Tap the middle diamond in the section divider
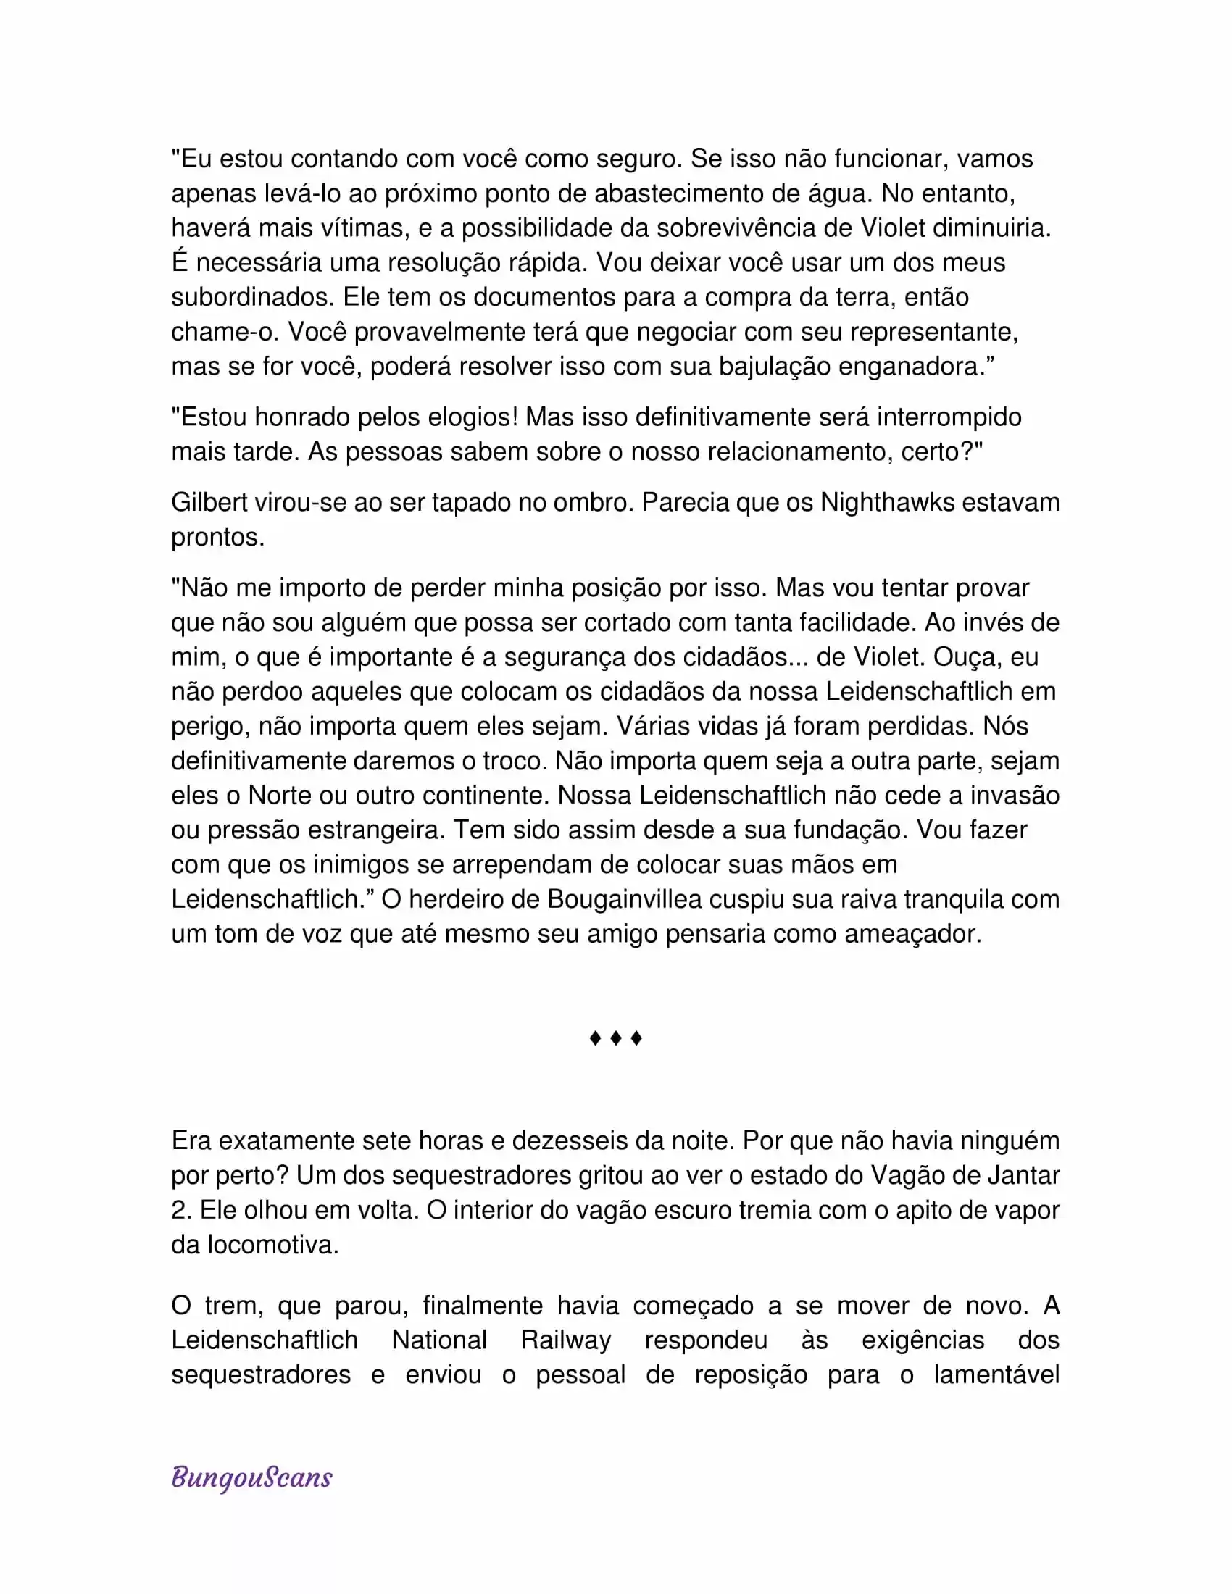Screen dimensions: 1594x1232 (615, 1038)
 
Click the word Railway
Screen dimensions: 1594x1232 (566, 1339)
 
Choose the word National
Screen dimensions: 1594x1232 (438, 1339)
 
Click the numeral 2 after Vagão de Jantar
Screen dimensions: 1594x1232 (180, 1209)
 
